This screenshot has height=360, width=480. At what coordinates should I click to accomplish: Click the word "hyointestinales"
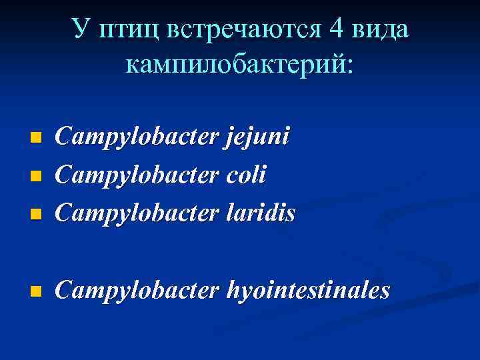click(x=309, y=291)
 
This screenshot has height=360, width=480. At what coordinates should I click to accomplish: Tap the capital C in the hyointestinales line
click(x=64, y=290)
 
